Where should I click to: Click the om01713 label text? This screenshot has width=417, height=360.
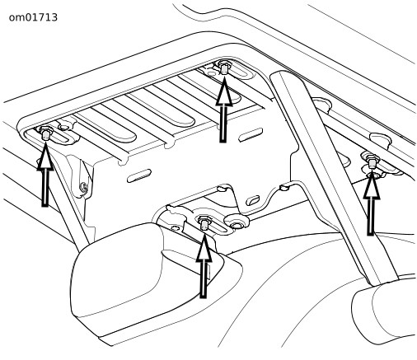[33, 17]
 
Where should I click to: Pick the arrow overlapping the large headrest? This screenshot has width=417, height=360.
[204, 266]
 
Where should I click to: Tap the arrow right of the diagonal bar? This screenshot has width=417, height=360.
[372, 203]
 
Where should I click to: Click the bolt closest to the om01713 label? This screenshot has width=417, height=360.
[45, 133]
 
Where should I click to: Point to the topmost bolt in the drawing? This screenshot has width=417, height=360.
[224, 67]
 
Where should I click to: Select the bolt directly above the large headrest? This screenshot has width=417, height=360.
[204, 222]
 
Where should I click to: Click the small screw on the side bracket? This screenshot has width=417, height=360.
[84, 187]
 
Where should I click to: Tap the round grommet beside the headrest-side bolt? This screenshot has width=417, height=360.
[237, 220]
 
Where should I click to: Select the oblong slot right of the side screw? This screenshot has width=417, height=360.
[139, 175]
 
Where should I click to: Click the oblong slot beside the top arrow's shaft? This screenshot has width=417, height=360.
[251, 134]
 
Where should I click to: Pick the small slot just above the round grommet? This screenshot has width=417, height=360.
[253, 200]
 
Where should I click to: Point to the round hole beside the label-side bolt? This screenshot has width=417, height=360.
[63, 127]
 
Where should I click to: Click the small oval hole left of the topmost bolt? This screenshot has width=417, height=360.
[211, 73]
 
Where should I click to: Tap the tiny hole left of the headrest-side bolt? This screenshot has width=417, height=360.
[174, 227]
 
